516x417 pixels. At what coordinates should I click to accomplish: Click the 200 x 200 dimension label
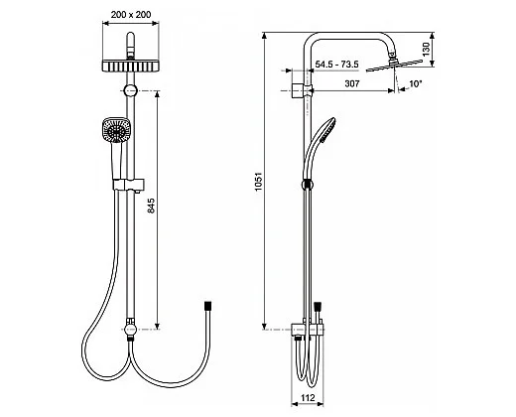[x=131, y=15]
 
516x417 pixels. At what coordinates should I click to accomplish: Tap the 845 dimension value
[x=151, y=206]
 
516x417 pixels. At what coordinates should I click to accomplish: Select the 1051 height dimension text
[x=258, y=181]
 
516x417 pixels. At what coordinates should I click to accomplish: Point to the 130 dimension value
[x=427, y=49]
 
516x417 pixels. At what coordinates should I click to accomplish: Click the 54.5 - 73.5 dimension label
[x=336, y=64]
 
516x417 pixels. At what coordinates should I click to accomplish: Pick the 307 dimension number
[x=352, y=83]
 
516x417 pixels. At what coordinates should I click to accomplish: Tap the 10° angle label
[x=416, y=83]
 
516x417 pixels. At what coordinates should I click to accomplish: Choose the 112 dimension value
[x=308, y=397]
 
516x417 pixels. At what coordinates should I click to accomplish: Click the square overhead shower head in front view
[x=131, y=66]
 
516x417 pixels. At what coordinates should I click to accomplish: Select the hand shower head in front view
[x=116, y=130]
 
